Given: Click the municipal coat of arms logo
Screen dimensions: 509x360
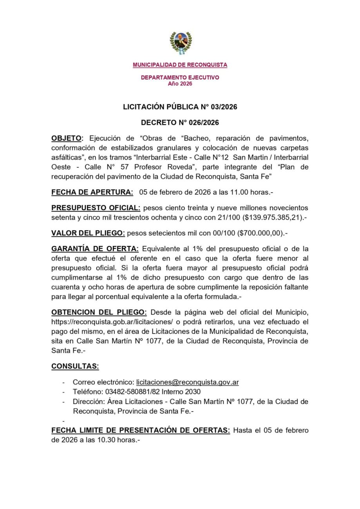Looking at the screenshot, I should pyautogui.click(x=180, y=43).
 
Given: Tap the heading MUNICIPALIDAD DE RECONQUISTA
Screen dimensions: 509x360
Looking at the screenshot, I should pyautogui.click(x=180, y=65).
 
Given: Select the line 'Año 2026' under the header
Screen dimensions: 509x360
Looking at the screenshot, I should pyautogui.click(x=180, y=83).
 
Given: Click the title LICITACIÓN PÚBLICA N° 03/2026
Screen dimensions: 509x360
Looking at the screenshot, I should pyautogui.click(x=180, y=107).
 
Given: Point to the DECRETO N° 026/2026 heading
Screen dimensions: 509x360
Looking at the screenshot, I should pyautogui.click(x=180, y=123).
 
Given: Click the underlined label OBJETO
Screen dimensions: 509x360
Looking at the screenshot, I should pyautogui.click(x=67, y=138).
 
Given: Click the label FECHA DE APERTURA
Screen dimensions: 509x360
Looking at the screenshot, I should pyautogui.click(x=92, y=192).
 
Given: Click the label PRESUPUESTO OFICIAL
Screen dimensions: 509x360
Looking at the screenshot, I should pyautogui.click(x=95, y=208).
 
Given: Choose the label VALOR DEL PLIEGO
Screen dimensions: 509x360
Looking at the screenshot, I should pyautogui.click(x=88, y=233).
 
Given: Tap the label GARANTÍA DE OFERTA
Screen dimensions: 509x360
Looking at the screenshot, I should pyautogui.click(x=95, y=249).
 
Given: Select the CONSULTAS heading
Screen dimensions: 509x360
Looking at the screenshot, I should pyautogui.click(x=75, y=366).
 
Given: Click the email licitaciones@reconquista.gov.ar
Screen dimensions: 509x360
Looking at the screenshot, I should pyautogui.click(x=187, y=382).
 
